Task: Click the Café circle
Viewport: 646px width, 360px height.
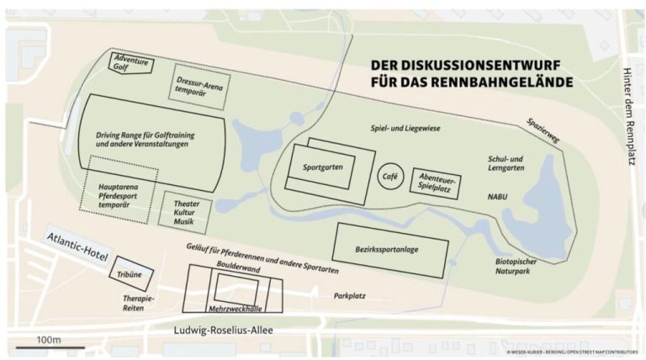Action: [x=389, y=177]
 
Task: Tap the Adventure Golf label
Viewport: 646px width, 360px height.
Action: [x=131, y=64]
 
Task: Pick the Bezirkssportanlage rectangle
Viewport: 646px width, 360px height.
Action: [x=389, y=250]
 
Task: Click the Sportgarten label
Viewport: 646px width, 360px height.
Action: [x=322, y=167]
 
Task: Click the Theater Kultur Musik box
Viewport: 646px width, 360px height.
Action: [x=185, y=210]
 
